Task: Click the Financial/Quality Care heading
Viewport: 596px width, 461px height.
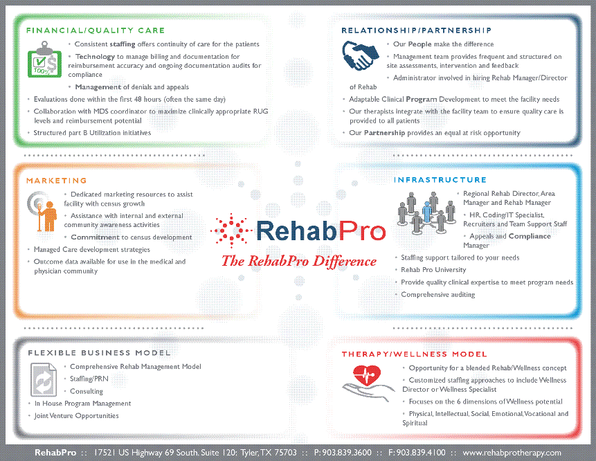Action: click(96, 30)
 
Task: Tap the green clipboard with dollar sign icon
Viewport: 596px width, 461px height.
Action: click(44, 60)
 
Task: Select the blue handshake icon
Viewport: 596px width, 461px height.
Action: click(361, 55)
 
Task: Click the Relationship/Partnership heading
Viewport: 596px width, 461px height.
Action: click(417, 30)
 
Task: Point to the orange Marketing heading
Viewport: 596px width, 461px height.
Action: click(57, 181)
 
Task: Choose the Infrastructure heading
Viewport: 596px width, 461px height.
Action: click(440, 180)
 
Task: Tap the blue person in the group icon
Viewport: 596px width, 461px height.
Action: click(427, 212)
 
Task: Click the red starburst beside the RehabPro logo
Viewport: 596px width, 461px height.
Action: click(231, 230)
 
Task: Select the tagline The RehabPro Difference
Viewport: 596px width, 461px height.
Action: click(299, 262)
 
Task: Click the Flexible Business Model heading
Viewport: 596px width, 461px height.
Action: click(99, 353)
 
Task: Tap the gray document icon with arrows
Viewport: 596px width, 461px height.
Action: click(44, 380)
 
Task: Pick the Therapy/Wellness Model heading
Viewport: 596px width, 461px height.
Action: click(415, 354)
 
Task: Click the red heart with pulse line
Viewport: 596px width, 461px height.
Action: click(367, 375)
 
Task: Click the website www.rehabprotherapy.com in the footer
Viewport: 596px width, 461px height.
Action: click(512, 453)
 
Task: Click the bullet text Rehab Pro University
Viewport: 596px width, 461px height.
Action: click(433, 270)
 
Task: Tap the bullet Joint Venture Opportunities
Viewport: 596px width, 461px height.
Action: click(76, 416)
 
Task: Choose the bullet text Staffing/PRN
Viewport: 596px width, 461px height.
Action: click(89, 379)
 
